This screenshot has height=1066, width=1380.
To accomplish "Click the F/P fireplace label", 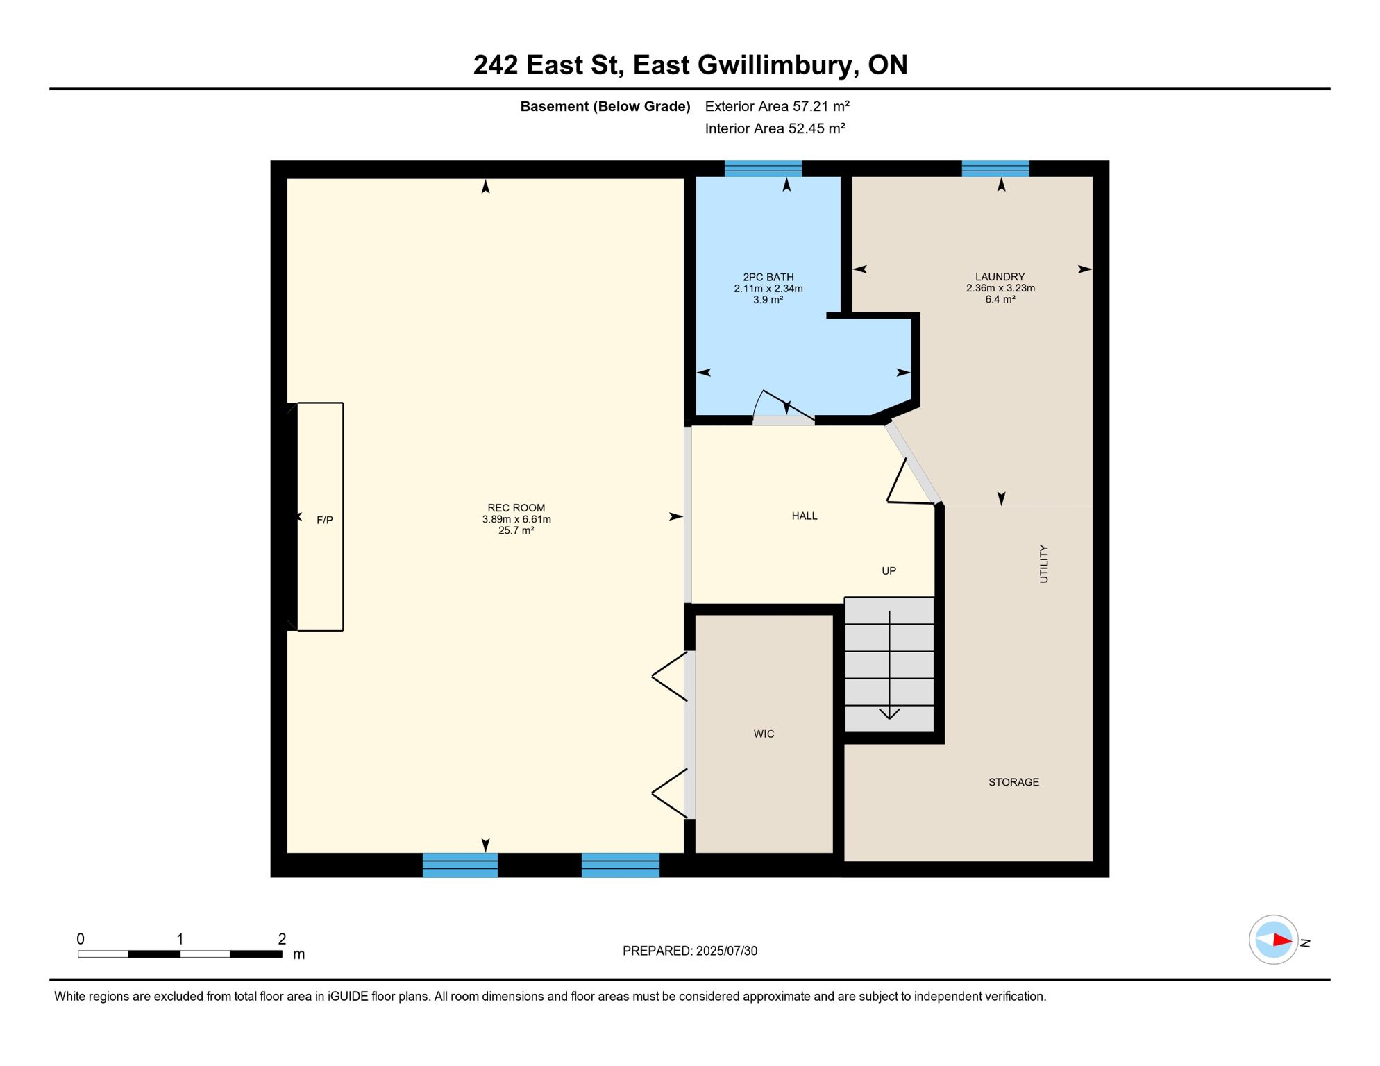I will pyautogui.click(x=324, y=520).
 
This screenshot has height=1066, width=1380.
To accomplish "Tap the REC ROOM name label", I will pyautogui.click(x=516, y=508).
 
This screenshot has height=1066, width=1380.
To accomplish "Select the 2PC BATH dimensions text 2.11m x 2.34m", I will pyautogui.click(x=768, y=289).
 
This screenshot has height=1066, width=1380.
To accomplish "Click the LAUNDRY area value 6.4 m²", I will pyautogui.click(x=1000, y=300).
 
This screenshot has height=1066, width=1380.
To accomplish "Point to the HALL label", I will pyautogui.click(x=805, y=516).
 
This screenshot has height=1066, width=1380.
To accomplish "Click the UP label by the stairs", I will pyautogui.click(x=889, y=570).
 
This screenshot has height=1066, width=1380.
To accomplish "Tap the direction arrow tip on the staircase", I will pyautogui.click(x=889, y=717).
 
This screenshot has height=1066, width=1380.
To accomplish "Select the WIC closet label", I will pyautogui.click(x=764, y=734).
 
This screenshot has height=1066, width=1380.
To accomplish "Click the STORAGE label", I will pyautogui.click(x=1013, y=782).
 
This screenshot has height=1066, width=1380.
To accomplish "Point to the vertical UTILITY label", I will pyautogui.click(x=1043, y=564).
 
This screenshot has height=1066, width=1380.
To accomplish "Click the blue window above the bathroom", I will pyautogui.click(x=763, y=169).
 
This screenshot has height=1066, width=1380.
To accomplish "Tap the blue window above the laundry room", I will pyautogui.click(x=995, y=169).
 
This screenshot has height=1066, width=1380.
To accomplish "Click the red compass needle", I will pyautogui.click(x=1281, y=940).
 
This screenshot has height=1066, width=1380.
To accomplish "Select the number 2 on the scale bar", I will pyautogui.click(x=282, y=939).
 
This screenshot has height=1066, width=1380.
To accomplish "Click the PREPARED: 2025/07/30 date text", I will pyautogui.click(x=689, y=951).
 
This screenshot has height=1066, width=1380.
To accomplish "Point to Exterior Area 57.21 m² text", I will pyautogui.click(x=777, y=106).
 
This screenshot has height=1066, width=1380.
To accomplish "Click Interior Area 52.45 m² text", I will pyautogui.click(x=775, y=128).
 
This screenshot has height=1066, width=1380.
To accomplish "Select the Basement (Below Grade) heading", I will pyautogui.click(x=605, y=106).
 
